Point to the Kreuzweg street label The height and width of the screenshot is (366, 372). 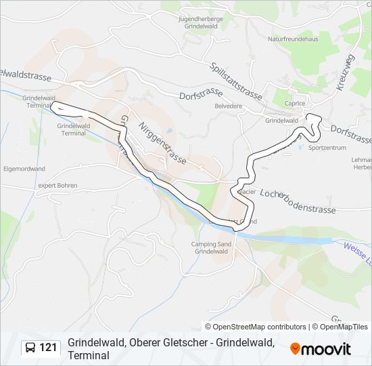click(x=344, y=73)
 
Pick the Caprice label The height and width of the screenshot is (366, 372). click(x=295, y=104)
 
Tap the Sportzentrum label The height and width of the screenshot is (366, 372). click(x=327, y=147)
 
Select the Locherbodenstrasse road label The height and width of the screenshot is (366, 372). click(x=298, y=201)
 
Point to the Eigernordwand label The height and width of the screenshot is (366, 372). click(x=24, y=168)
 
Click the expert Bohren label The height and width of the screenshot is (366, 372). click(x=57, y=185)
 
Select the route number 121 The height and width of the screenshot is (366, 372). click(x=49, y=348)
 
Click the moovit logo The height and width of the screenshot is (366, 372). click(x=321, y=348)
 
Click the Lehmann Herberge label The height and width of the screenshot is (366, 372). click(x=362, y=162)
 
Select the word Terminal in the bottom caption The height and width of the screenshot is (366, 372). click(x=88, y=354)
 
